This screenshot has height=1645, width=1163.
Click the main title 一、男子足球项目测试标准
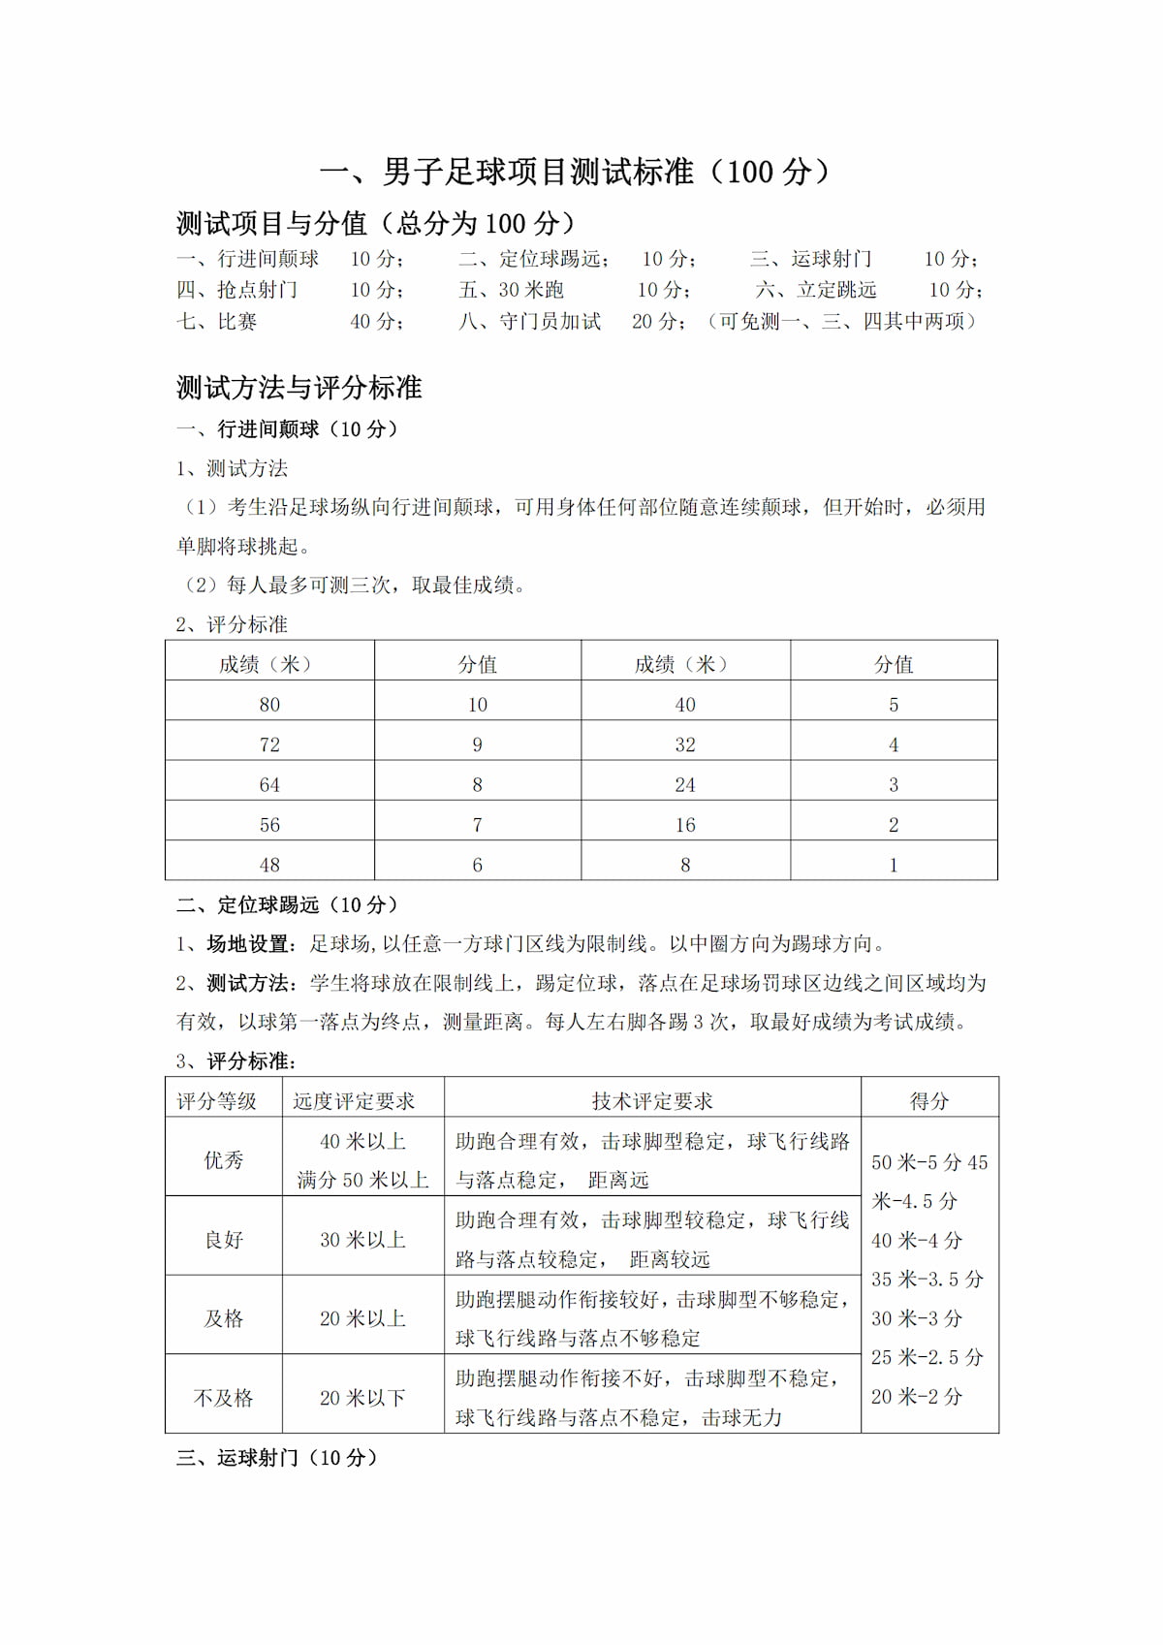576,173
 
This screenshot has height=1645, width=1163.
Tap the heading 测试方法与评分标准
299,388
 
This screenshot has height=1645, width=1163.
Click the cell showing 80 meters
269,705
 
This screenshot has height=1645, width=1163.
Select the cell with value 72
269,744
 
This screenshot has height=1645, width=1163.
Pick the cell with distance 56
269,825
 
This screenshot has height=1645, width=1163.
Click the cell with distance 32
685,744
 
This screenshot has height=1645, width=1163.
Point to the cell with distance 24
685,785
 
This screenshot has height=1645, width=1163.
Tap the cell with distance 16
685,825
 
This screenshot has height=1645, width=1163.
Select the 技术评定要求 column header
652,1101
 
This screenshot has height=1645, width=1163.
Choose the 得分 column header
929,1101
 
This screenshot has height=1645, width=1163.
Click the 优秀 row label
224,1160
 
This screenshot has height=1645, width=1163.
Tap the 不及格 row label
224,1398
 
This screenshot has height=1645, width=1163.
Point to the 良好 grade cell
224,1240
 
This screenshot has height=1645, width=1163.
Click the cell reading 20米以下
362,1398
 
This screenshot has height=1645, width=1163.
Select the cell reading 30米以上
362,1240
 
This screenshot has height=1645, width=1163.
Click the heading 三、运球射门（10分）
277,1458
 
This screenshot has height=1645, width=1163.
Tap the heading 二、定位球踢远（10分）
288,904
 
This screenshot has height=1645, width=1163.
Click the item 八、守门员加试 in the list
530,322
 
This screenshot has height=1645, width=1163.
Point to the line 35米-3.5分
927,1280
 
